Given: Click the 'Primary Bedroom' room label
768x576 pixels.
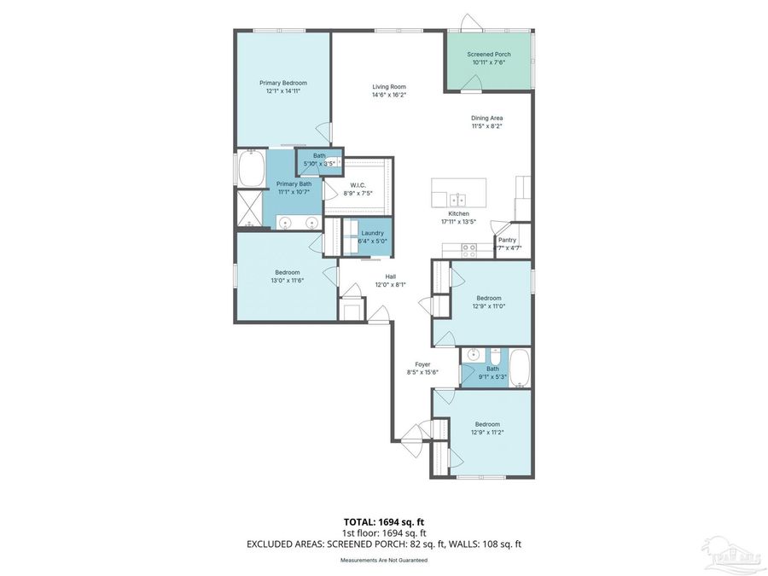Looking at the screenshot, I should click(x=282, y=83).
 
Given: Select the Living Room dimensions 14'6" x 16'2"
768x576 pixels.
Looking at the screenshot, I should click(x=388, y=95).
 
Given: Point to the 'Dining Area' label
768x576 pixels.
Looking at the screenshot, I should click(x=487, y=118).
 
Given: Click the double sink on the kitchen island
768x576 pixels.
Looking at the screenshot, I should click(x=458, y=200).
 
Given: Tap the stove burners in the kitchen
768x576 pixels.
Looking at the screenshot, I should click(x=468, y=250).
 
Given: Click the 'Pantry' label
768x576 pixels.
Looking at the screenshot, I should click(x=507, y=240).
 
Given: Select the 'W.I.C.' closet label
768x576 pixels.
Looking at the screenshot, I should click(x=358, y=185).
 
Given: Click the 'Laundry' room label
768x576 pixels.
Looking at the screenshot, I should click(x=372, y=233).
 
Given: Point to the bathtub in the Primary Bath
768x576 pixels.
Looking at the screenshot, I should click(x=251, y=170).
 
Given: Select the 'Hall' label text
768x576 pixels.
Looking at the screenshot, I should click(x=390, y=276).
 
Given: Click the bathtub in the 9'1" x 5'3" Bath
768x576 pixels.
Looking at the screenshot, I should click(x=520, y=368).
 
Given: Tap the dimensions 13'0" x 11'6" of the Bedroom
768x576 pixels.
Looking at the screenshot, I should click(x=287, y=280).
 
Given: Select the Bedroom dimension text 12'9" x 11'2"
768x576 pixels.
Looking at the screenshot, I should click(x=487, y=433).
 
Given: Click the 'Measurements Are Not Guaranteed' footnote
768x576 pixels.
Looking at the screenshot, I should click(x=383, y=561).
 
